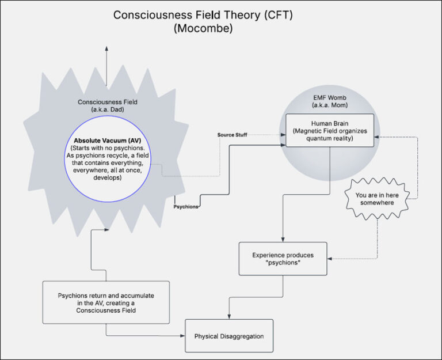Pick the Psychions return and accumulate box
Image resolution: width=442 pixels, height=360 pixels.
pyautogui.click(x=106, y=302)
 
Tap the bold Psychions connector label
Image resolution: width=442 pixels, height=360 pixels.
pyautogui.click(x=186, y=206)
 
